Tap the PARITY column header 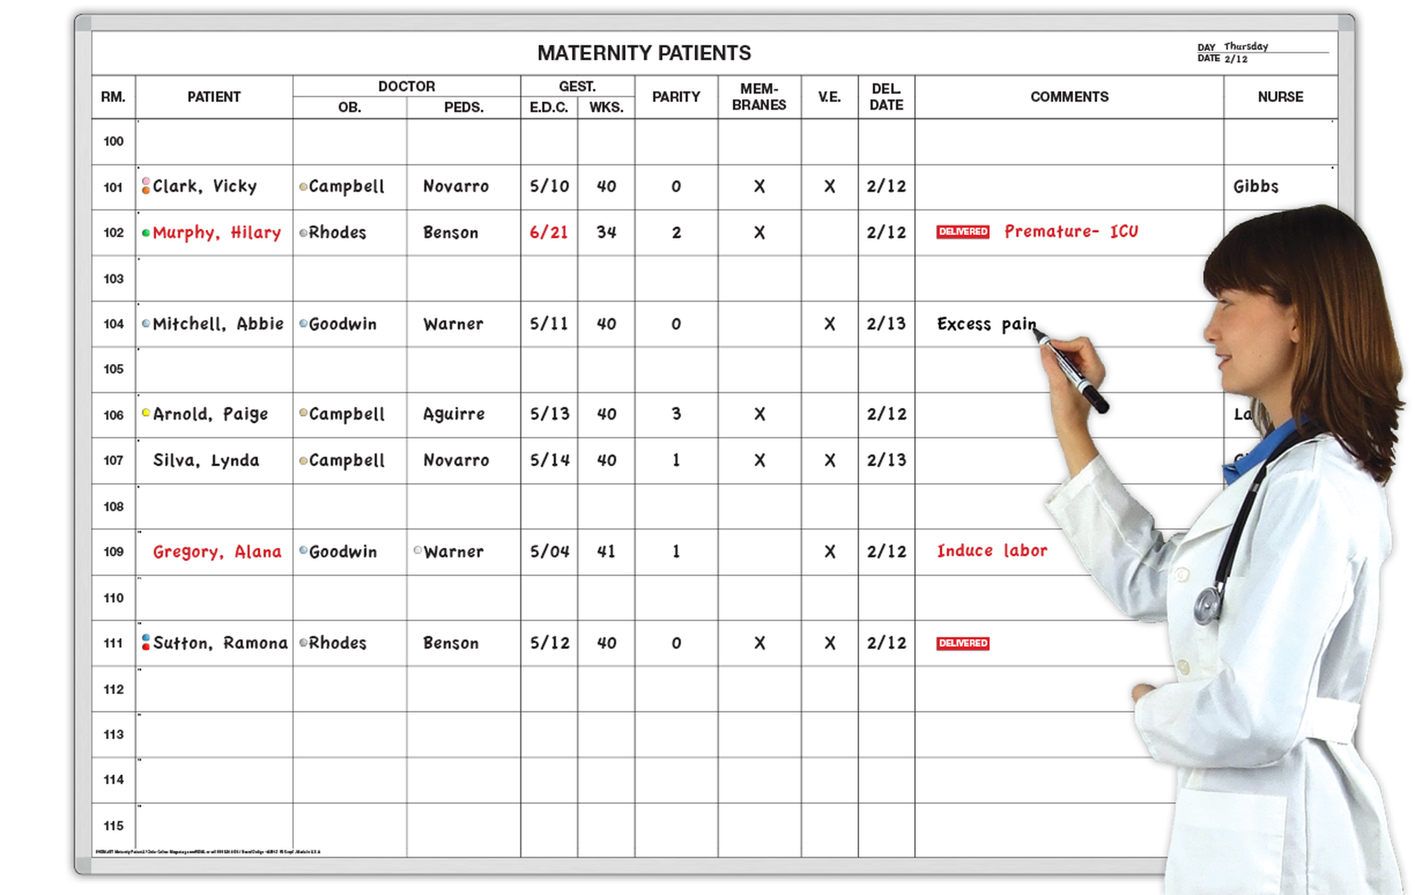676,97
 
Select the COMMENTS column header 1069,97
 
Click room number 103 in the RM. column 113,279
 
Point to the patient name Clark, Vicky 205,186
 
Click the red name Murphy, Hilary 216,233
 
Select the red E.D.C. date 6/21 548,233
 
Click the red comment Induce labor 992,551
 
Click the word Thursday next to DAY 1246,46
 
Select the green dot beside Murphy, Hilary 146,233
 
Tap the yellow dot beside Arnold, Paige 146,412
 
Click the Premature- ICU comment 1071,231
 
